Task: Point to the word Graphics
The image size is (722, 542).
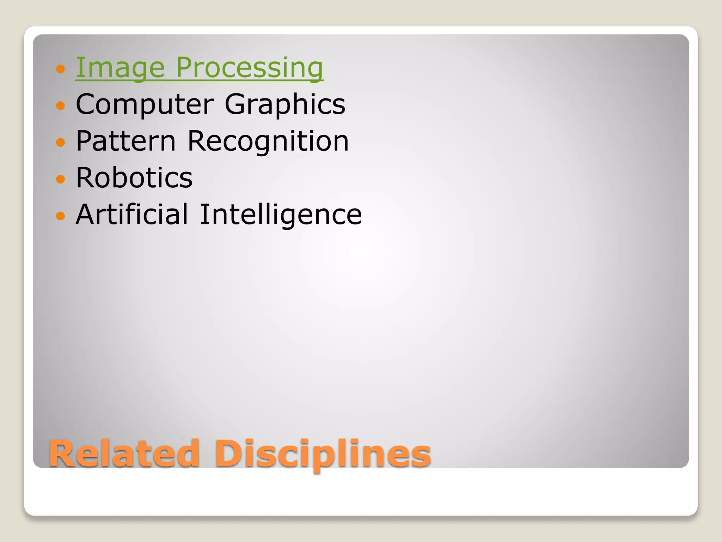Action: [x=285, y=104]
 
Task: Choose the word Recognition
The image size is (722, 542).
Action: [x=268, y=141]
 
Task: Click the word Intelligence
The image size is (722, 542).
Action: [x=281, y=215]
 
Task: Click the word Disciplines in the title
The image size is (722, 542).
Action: [x=323, y=454]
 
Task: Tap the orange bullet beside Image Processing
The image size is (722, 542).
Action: [x=61, y=68]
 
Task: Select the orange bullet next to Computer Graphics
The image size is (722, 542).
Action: [x=61, y=105]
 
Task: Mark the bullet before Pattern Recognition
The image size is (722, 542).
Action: [x=61, y=142]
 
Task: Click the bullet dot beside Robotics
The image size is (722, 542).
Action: [x=61, y=179]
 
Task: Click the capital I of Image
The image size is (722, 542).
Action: [x=79, y=67]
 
